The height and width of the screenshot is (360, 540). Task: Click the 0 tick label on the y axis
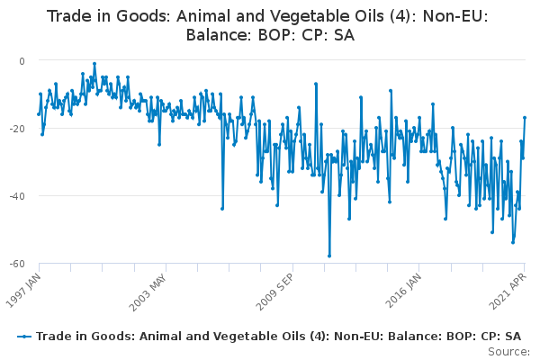22,61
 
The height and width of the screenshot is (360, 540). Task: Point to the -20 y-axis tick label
17,129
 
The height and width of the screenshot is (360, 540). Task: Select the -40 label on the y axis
17,196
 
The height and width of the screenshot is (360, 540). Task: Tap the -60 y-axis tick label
17,264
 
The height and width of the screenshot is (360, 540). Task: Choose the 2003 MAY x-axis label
148,292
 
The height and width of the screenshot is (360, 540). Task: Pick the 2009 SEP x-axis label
275,292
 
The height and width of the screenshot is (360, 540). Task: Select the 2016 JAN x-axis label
403,291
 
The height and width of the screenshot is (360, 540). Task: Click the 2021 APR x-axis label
508,291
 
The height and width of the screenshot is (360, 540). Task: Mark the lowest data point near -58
329,256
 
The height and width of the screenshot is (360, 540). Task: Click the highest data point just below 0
94,64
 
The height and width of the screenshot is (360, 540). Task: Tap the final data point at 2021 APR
525,118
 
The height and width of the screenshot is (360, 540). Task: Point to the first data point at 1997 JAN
39,114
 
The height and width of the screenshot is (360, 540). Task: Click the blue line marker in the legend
24,337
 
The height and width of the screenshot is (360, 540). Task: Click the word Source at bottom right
508,352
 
